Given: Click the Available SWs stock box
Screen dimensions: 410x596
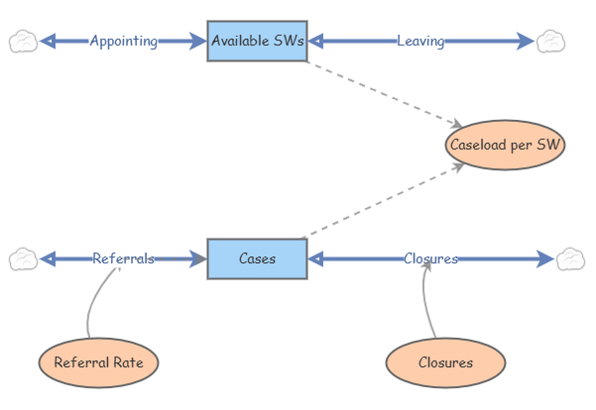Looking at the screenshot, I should click(257, 41).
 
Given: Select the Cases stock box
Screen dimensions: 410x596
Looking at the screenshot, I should click(257, 258).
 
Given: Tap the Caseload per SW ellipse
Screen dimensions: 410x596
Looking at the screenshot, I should click(505, 145).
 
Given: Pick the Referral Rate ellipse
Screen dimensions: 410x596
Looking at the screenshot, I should click(98, 362).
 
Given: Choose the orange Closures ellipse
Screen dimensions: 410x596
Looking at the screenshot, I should click(445, 362).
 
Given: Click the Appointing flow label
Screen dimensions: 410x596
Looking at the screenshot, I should click(123, 41).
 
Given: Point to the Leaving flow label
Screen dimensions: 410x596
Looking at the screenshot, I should click(420, 41).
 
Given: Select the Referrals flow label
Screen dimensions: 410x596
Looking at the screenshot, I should click(123, 258).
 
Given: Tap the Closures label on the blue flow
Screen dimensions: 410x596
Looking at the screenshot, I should click(430, 258).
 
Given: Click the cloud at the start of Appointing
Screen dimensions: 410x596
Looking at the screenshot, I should click(23, 41).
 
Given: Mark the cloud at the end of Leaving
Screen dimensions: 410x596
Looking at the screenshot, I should click(549, 41).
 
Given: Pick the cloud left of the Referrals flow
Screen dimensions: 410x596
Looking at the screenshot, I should click(23, 258).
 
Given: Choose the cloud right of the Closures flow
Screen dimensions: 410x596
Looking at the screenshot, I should click(570, 258).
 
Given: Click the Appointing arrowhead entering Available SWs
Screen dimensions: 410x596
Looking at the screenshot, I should click(197, 41).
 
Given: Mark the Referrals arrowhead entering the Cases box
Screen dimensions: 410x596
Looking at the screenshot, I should click(197, 258).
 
